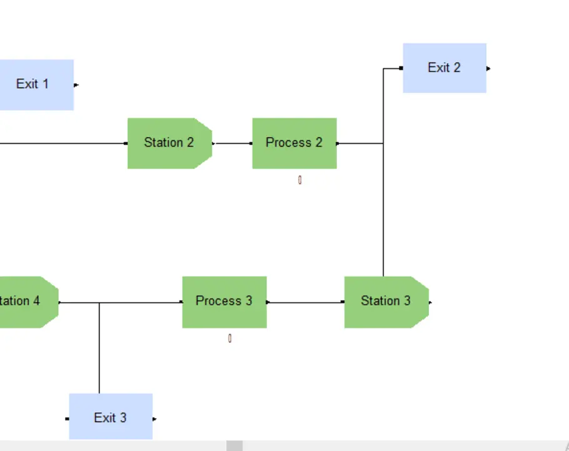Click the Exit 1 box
coord(34,84)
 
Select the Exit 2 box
coord(444,68)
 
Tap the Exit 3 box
coord(111,417)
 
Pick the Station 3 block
coord(385,302)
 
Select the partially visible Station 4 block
coord(25,302)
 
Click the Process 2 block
coord(294,143)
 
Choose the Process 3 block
coord(224,302)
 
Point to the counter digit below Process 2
coord(300,180)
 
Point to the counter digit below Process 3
coord(229,338)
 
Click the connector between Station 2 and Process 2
coord(232,143)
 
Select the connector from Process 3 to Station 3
coord(305,302)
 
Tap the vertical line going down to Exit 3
coord(99,350)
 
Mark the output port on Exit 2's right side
coord(488,69)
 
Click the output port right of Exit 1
coord(76,85)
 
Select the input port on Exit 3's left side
coord(67,418)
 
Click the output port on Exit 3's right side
coord(154,418)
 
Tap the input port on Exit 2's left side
coord(401,68)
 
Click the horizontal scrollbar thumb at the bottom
coord(234,446)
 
